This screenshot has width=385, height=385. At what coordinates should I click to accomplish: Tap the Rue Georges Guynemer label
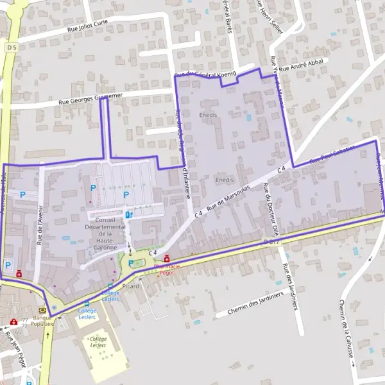click(90, 98)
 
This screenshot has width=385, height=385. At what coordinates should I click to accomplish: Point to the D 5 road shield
click(10, 47)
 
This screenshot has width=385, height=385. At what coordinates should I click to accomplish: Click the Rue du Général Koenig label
click(206, 75)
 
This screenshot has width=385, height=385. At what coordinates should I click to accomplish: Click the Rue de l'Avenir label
click(39, 231)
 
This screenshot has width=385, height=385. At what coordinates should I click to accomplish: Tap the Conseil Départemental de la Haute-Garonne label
click(105, 234)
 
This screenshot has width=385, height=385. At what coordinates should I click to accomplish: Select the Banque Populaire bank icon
click(42, 309)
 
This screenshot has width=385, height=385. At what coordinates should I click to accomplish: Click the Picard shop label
click(131, 286)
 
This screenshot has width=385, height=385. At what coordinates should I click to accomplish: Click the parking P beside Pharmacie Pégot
click(132, 263)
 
